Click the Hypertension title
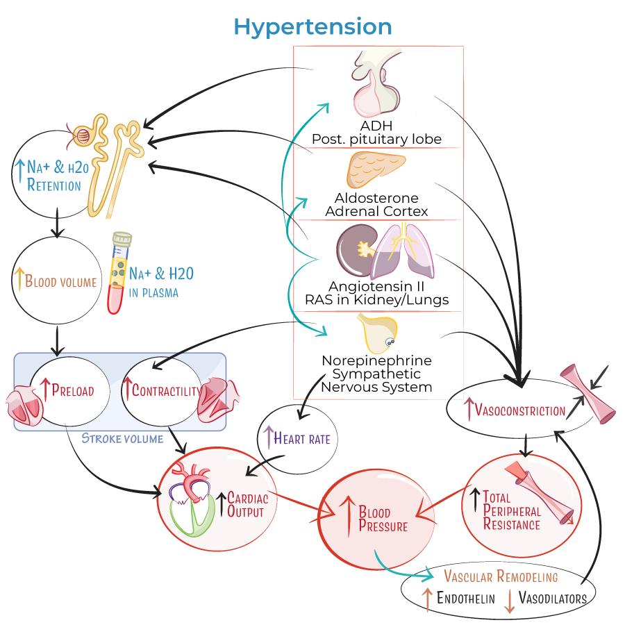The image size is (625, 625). click(312, 26)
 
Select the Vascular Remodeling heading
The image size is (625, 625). click(500, 577)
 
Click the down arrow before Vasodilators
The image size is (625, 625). click(508, 599)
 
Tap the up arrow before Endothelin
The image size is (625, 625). click(428, 599)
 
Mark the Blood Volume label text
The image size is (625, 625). click(60, 281)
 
